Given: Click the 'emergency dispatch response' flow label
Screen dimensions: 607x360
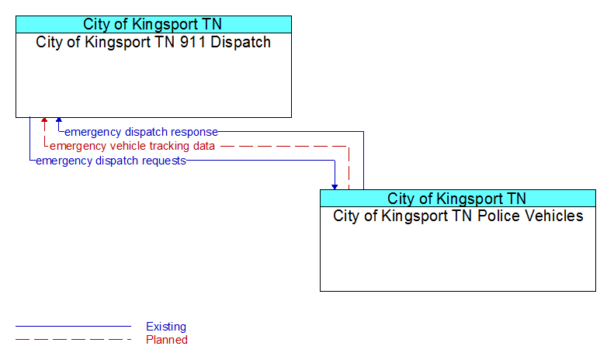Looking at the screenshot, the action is point(141,132).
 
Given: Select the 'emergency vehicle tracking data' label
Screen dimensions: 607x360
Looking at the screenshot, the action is point(132,146).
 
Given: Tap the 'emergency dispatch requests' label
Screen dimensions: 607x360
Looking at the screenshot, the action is point(111,161).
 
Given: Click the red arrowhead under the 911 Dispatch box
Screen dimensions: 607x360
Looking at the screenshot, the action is point(44,120).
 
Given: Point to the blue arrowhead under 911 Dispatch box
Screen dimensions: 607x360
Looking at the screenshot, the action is point(59,120).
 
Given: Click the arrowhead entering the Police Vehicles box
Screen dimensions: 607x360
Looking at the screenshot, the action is point(335,187).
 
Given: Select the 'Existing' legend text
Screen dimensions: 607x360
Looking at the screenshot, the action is point(166,327).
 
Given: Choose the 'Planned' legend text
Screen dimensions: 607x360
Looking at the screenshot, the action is point(167,340).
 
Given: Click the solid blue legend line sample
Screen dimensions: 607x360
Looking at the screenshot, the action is point(73,327).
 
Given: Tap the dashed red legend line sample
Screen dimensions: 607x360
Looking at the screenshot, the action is point(73,340).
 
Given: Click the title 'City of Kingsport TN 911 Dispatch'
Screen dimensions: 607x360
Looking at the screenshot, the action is point(153,42).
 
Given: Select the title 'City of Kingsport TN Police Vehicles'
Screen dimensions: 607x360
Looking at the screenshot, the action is point(458,216).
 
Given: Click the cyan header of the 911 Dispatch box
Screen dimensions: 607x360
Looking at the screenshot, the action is point(154,24).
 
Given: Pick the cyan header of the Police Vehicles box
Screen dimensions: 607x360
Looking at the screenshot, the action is point(458,198).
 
